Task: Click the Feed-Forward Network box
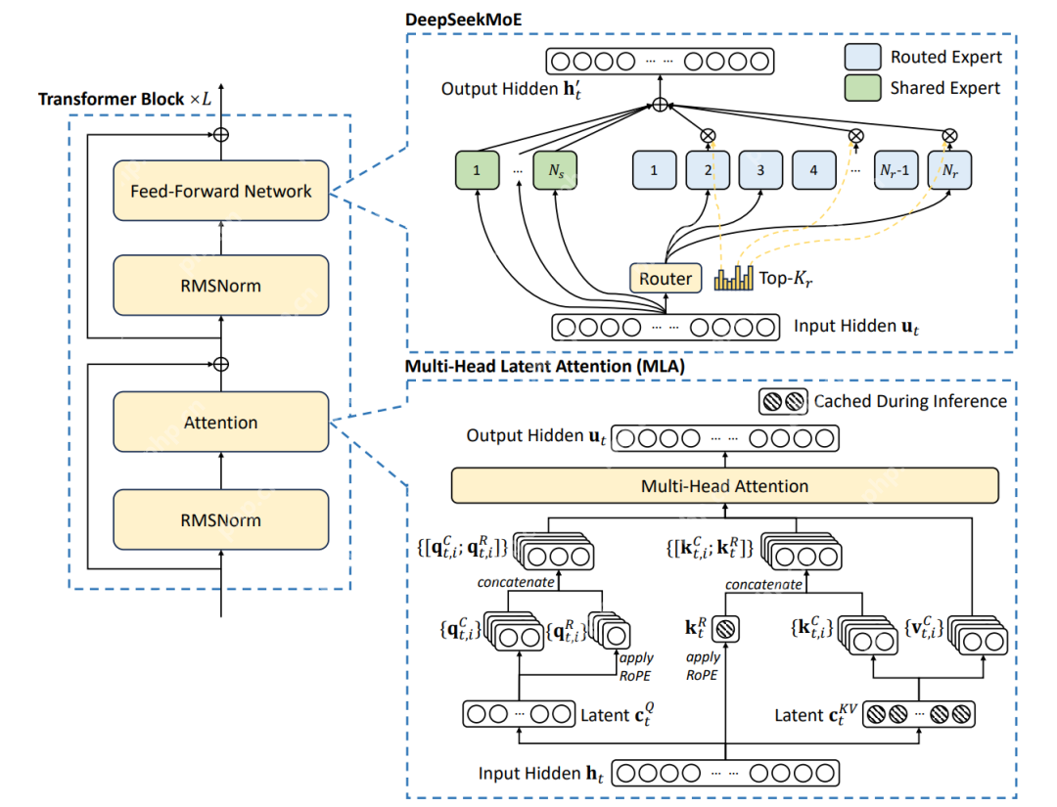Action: pos(220,191)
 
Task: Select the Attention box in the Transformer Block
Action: pos(220,423)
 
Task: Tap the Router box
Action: pos(666,279)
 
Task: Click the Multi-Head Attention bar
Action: pos(724,485)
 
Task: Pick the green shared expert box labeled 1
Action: pos(477,170)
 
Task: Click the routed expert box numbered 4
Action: pos(814,170)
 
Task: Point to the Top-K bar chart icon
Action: pos(734,280)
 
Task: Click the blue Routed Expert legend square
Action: pos(864,57)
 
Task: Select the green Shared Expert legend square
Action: pos(864,88)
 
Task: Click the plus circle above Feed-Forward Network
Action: pos(221,133)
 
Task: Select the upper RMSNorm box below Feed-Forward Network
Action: pos(220,286)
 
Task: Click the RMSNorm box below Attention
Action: pos(220,518)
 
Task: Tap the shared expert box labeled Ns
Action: pos(556,170)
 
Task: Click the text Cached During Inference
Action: pos(910,400)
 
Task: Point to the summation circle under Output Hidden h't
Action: pos(661,104)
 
